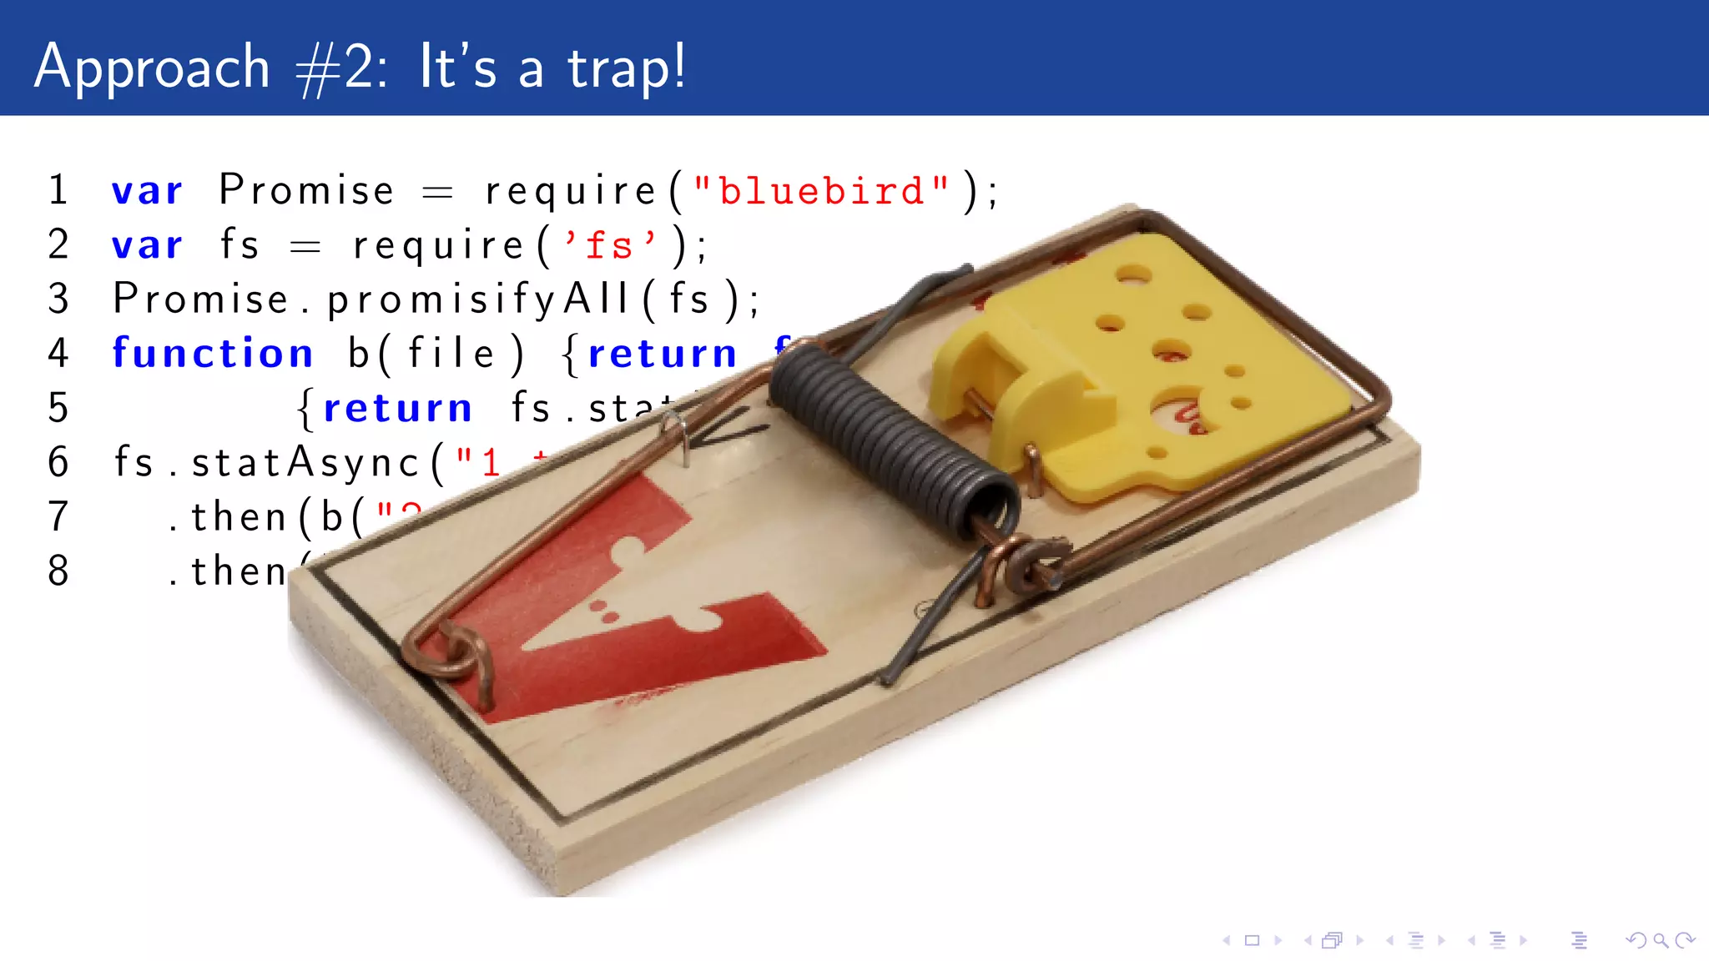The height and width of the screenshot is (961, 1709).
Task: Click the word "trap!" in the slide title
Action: coord(627,67)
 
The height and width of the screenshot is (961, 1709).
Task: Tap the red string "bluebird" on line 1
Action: coord(821,191)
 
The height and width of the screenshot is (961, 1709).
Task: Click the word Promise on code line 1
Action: coord(306,190)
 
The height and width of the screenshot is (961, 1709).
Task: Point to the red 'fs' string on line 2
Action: coord(609,245)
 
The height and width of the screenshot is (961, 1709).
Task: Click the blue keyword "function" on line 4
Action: coord(213,353)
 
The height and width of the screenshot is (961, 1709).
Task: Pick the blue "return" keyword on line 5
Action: coord(398,408)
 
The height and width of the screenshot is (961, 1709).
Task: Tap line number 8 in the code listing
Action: coord(58,571)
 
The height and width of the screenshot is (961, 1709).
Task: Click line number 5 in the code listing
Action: coord(58,408)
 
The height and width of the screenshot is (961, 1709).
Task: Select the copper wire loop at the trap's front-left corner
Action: coord(451,655)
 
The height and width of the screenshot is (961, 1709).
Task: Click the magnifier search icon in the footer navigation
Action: coord(1661,941)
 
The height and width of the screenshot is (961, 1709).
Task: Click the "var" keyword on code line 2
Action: coord(148,245)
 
